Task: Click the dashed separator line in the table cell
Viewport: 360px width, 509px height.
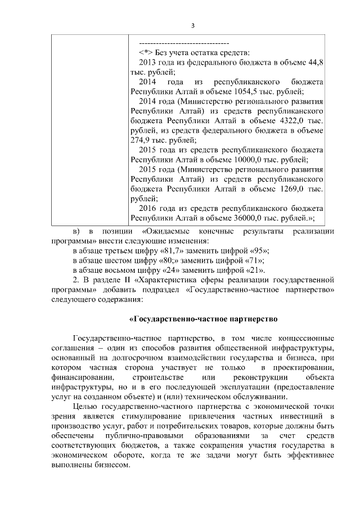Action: tap(183, 43)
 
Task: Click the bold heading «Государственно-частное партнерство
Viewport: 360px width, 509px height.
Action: tap(204, 319)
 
